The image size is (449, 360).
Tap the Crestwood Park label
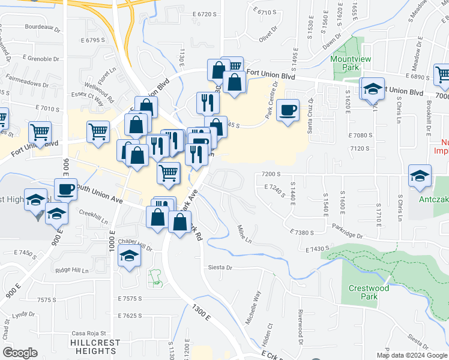369,292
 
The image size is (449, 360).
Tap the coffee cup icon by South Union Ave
66,190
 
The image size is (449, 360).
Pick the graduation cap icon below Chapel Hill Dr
128,257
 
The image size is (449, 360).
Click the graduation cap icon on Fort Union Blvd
372,89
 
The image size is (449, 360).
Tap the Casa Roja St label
88,334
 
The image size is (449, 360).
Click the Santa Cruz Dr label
310,116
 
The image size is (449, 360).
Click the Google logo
20,353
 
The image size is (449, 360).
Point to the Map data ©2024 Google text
412,355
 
